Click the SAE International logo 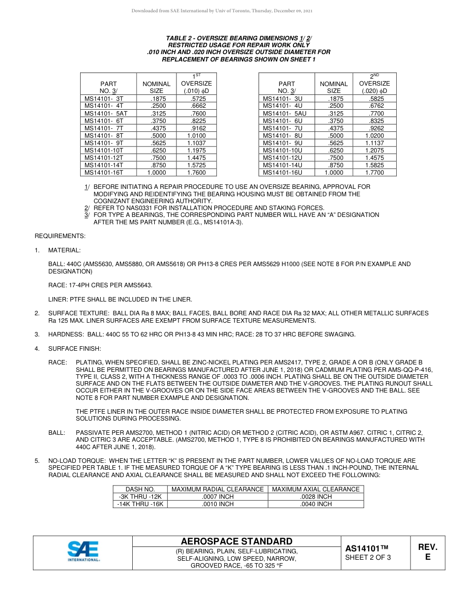[84, 551]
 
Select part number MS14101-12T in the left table [104, 157]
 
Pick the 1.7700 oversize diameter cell [375, 173]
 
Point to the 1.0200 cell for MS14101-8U [375, 135]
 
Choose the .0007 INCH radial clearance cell [217, 497]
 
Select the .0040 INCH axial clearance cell [316, 504]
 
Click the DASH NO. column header [140, 489]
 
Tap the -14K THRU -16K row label [140, 504]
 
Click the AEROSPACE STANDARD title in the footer [237, 541]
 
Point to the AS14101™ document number [367, 548]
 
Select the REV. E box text [428, 552]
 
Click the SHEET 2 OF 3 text [368, 557]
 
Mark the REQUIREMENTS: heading [60, 236]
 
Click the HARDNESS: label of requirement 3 [67, 334]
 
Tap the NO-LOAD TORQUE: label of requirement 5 [77, 461]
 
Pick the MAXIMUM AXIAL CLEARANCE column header [316, 489]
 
